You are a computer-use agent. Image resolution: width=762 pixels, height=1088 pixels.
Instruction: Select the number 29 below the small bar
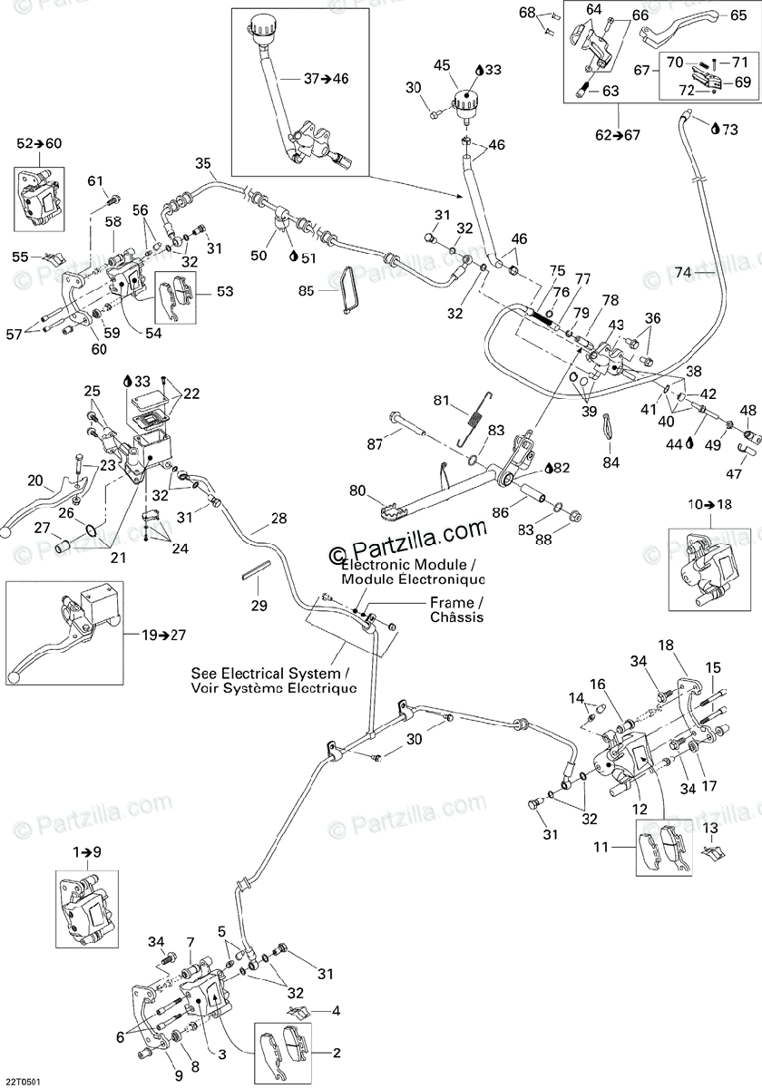coord(259,606)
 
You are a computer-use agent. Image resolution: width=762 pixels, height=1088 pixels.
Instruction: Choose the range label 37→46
coord(326,78)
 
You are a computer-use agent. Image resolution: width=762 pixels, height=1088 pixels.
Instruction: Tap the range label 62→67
coord(618,135)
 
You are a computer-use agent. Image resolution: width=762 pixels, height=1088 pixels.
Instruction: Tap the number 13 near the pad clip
coord(709,828)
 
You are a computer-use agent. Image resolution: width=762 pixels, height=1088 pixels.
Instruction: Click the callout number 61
coord(96,181)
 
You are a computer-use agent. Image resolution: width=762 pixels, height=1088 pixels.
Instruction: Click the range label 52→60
coord(40,143)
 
